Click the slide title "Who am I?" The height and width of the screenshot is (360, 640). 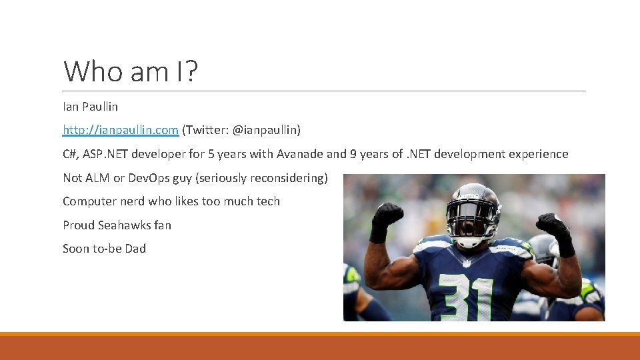pos(131,71)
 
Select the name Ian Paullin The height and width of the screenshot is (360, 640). pos(90,107)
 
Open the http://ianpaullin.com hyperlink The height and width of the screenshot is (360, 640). pos(121,130)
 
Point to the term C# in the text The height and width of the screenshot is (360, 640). pos(70,154)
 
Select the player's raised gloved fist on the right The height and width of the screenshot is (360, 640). pos(554,227)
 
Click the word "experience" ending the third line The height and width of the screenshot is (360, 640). pos(538,154)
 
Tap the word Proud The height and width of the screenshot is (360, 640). pos(79,225)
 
